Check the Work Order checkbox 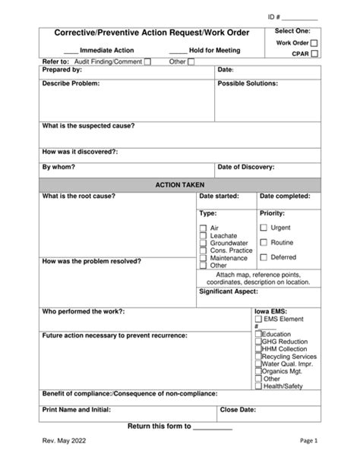pos(314,43)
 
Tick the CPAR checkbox pos(314,55)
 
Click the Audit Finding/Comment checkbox pos(147,61)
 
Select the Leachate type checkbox pos(203,236)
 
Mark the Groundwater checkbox pos(203,244)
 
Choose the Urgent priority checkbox pos(264,228)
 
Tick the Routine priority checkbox pos(264,243)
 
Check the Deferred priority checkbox pos(264,257)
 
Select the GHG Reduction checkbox pos(258,342)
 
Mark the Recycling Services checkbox pos(258,356)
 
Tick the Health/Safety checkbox pos(258,386)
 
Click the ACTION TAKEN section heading pos(180,184)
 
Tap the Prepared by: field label pos(62,70)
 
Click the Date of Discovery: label pos(246,167)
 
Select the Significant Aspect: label pos(229,291)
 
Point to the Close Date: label pos(237,409)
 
